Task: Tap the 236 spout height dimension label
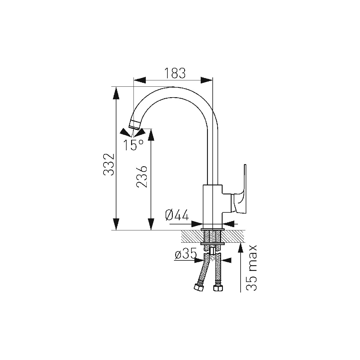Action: click(142, 176)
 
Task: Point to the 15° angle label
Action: click(133, 145)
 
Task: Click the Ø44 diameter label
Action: click(177, 215)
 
